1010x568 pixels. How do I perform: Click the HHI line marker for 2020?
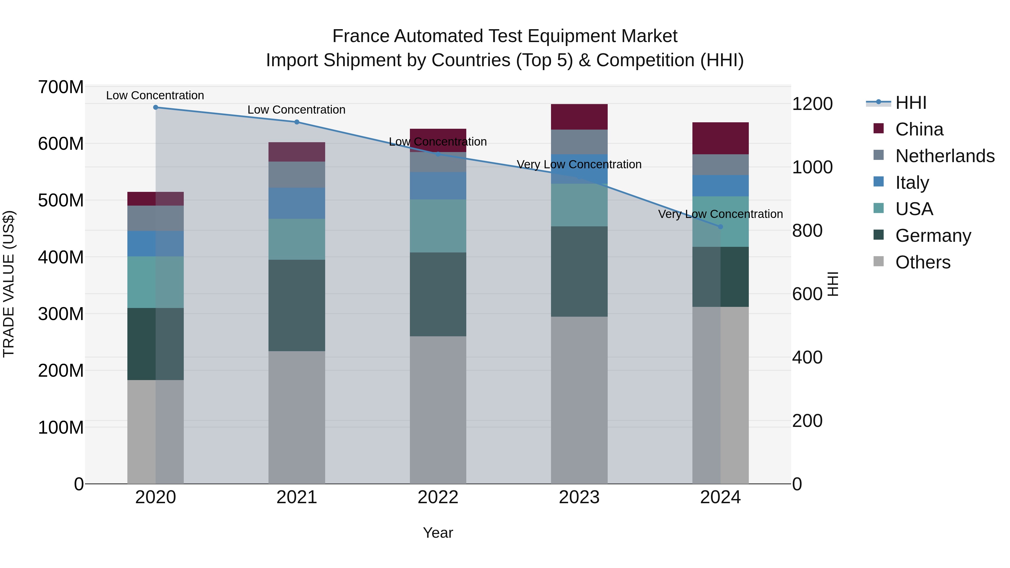pyautogui.click(x=156, y=107)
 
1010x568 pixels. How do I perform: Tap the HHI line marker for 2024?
pyautogui.click(x=720, y=227)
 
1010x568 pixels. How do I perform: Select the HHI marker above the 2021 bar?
pyautogui.click(x=297, y=122)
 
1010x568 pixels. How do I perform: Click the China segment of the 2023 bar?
pyautogui.click(x=579, y=117)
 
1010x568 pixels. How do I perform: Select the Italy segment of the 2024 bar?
pyautogui.click(x=720, y=185)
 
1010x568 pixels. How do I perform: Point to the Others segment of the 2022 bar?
pyautogui.click(x=438, y=410)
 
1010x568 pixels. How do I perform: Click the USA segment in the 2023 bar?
pyautogui.click(x=579, y=205)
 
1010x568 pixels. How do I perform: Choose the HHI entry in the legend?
pyautogui.click(x=911, y=103)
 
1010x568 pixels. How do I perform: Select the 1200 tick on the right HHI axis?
pyautogui.click(x=812, y=104)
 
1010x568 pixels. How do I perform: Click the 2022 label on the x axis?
pyautogui.click(x=438, y=497)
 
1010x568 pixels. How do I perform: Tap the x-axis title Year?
pyautogui.click(x=438, y=533)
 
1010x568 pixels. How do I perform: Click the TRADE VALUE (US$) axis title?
pyautogui.click(x=9, y=284)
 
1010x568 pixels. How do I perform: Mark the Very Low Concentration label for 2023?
pyautogui.click(x=579, y=164)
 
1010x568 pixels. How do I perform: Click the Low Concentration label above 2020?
pyautogui.click(x=155, y=95)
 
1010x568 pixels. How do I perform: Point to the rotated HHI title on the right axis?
pyautogui.click(x=833, y=284)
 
